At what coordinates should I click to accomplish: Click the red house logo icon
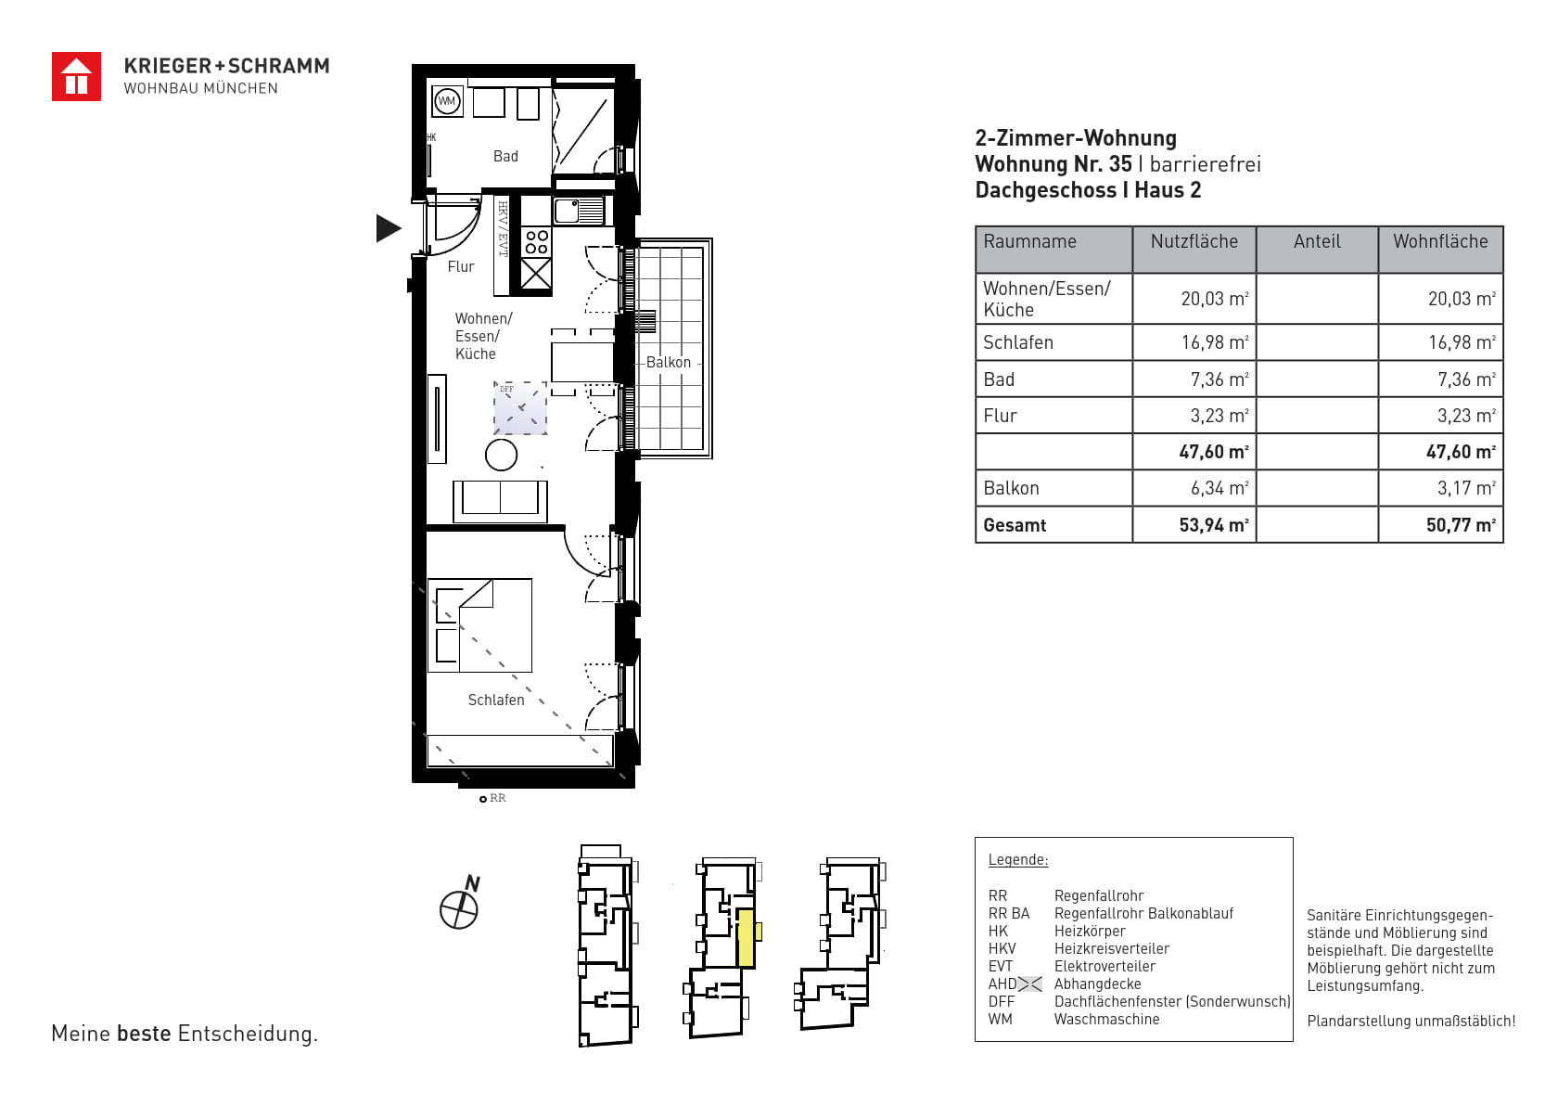point(76,77)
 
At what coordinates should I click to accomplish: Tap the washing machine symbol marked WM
point(447,101)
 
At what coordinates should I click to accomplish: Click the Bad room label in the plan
point(505,157)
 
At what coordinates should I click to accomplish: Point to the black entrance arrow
point(389,228)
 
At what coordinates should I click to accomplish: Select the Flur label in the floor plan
point(461,266)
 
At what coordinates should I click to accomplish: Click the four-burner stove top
point(537,242)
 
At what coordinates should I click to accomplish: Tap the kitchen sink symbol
point(579,212)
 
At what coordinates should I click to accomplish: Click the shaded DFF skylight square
point(520,408)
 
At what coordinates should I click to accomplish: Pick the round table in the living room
point(502,456)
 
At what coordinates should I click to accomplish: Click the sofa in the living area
point(500,501)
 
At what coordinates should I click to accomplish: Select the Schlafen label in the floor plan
point(496,700)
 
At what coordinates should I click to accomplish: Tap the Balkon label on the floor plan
point(669,362)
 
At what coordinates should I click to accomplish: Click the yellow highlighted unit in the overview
point(747,937)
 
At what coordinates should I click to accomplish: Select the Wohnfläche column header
point(1440,241)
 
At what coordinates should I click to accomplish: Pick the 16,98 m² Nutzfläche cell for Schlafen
point(1215,342)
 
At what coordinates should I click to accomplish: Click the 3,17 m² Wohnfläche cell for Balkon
point(1466,489)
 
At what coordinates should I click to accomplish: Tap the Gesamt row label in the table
point(1015,525)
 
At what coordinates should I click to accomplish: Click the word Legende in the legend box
point(1018,860)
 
